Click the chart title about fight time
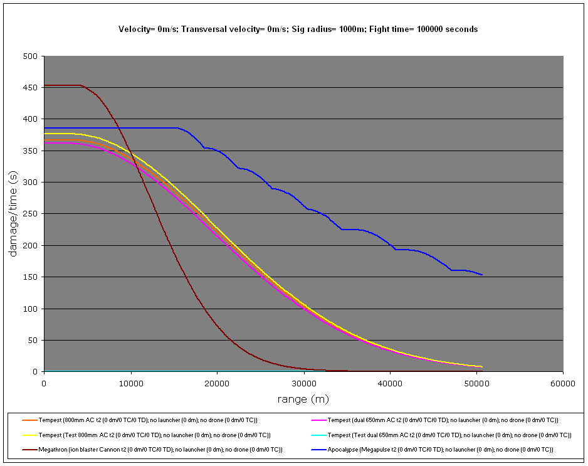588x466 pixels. [x=298, y=29]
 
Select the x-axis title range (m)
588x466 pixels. [x=303, y=399]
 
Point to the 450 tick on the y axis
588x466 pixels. [x=31, y=87]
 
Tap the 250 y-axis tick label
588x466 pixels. [x=31, y=214]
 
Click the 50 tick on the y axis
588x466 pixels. [x=34, y=341]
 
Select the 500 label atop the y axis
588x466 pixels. [x=31, y=56]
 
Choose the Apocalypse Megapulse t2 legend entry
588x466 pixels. [x=439, y=450]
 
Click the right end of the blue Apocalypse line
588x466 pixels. [x=481, y=275]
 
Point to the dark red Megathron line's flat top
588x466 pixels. [x=63, y=85]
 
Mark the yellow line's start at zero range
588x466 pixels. [x=45, y=134]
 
